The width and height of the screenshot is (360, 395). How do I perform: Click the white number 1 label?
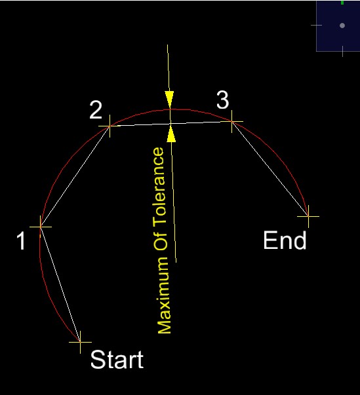pyautogui.click(x=22, y=241)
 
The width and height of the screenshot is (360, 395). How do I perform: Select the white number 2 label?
pyautogui.click(x=96, y=110)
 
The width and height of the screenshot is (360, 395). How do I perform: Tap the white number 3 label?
pyautogui.click(x=223, y=100)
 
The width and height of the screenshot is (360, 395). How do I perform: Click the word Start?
pyautogui.click(x=117, y=360)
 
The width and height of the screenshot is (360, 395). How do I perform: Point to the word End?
pyautogui.click(x=285, y=240)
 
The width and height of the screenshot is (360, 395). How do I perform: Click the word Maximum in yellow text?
pyautogui.click(x=164, y=295)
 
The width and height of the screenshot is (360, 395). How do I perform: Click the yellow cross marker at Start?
pyautogui.click(x=80, y=342)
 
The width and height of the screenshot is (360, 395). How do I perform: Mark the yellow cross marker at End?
pyautogui.click(x=308, y=216)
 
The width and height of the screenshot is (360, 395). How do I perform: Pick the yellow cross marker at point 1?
pyautogui.click(x=41, y=227)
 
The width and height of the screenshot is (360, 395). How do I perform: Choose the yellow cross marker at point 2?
pyautogui.click(x=110, y=126)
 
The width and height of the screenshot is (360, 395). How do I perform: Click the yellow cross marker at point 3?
pyautogui.click(x=231, y=121)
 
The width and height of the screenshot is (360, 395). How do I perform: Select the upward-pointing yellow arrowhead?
pyautogui.click(x=171, y=134)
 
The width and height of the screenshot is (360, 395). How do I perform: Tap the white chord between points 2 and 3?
pyautogui.click(x=170, y=124)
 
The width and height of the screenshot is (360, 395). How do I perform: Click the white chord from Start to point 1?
pyautogui.click(x=60, y=284)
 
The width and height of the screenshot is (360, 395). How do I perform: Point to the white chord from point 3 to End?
pyautogui.click(x=270, y=169)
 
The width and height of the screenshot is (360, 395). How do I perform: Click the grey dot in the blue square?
pyautogui.click(x=342, y=26)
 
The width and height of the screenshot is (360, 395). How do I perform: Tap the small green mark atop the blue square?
pyautogui.click(x=342, y=3)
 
